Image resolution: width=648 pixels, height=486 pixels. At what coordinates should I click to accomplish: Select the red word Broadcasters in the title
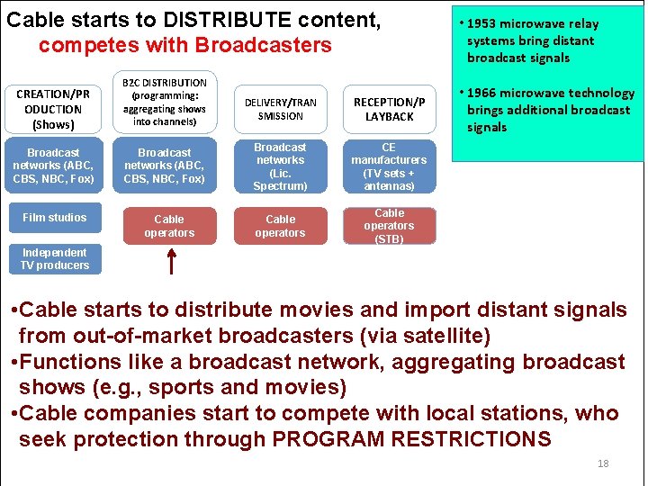tap(265, 45)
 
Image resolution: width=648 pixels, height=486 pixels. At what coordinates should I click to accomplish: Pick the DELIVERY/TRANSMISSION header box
tap(280, 109)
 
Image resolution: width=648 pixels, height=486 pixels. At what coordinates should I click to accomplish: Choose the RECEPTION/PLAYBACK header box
tap(389, 109)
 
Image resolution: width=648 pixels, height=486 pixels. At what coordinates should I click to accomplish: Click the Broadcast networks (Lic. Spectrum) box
tap(280, 166)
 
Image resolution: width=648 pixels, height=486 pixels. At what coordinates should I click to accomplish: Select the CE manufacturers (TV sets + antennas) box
tap(389, 166)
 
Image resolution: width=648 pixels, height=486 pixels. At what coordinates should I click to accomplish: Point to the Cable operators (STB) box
tap(389, 226)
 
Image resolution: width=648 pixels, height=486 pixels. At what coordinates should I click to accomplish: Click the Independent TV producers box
tap(54, 259)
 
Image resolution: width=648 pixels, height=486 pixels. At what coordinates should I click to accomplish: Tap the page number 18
tap(602, 463)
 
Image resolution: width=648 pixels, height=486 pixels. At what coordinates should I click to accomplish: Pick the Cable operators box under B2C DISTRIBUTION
tap(169, 226)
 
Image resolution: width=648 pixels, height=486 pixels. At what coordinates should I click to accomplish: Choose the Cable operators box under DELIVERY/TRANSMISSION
tap(280, 226)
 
